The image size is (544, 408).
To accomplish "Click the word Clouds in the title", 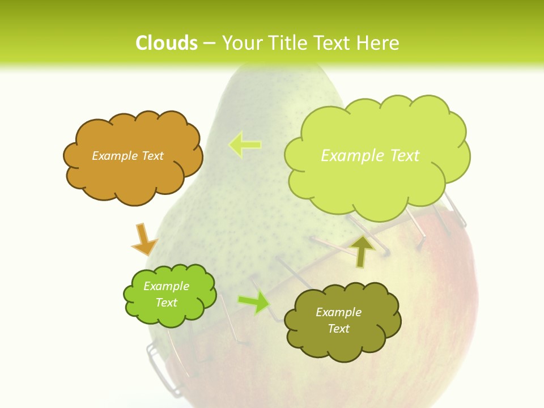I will click(167, 43).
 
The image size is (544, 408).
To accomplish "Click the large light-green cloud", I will click(377, 181).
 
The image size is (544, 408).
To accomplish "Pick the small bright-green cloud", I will click(169, 314).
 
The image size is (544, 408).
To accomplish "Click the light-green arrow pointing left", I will click(245, 144).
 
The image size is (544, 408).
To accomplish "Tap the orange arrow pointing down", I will click(144, 239).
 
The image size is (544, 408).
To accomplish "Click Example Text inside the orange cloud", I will click(127, 156).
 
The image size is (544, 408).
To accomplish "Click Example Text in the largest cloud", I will click(370, 156).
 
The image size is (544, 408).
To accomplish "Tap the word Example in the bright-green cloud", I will click(166, 286).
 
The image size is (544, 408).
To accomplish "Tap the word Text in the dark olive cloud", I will click(338, 329).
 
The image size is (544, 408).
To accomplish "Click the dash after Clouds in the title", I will click(209, 43).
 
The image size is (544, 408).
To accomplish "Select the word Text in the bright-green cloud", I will click(166, 303).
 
